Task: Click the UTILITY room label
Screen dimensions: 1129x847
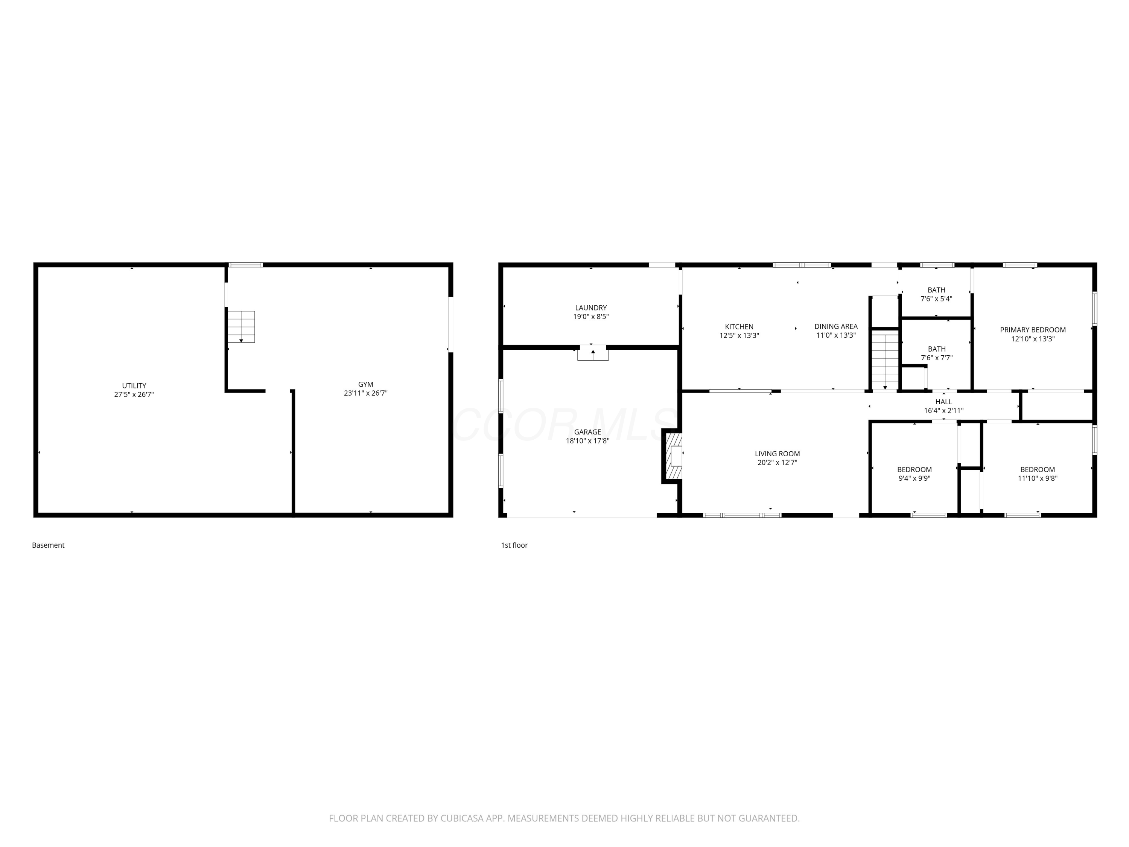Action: click(134, 385)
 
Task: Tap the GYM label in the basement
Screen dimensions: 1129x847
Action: click(365, 384)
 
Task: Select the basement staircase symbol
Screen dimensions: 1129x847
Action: click(241, 327)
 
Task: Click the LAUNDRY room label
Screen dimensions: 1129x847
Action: click(591, 308)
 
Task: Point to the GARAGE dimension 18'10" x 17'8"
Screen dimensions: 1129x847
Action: click(587, 440)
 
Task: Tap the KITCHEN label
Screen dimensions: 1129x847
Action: click(739, 327)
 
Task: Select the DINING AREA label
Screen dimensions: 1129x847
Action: click(836, 326)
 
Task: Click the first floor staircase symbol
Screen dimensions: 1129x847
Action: click(884, 360)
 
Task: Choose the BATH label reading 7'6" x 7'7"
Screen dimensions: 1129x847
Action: click(937, 353)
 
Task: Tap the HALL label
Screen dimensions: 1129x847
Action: click(944, 402)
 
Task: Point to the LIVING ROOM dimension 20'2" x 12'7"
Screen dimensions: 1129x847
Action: click(778, 463)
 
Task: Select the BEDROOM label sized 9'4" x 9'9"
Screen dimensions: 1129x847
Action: click(914, 474)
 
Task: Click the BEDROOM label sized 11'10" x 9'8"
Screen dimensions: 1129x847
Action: click(1038, 474)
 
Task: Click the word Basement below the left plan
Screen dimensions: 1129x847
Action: click(48, 545)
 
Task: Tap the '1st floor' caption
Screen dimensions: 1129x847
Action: click(514, 545)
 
